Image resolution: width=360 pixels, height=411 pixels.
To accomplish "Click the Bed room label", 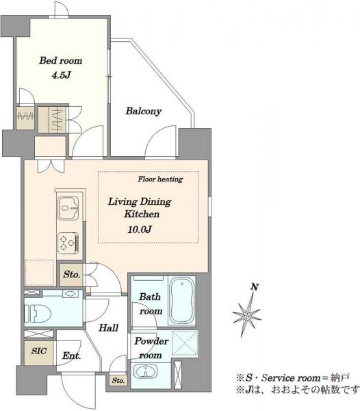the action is [x=61, y=60].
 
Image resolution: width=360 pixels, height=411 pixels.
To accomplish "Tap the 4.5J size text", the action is [x=62, y=75].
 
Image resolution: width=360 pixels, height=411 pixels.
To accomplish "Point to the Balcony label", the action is [x=143, y=111].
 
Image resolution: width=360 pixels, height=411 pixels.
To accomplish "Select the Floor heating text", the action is [x=160, y=179].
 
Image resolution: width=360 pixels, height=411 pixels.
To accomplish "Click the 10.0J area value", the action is [x=140, y=229].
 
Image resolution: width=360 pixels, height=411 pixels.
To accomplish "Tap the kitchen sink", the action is [x=68, y=208].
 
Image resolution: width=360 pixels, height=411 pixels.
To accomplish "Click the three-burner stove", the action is [x=68, y=243].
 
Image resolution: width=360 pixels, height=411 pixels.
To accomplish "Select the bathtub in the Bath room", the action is [x=182, y=301].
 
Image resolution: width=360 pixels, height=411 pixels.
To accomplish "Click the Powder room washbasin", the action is [x=145, y=371].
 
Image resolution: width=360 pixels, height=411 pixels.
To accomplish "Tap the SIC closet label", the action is [x=39, y=351].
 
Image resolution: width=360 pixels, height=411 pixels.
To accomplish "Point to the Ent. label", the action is [x=72, y=356].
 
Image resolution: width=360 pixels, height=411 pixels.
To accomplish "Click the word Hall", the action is [x=108, y=327].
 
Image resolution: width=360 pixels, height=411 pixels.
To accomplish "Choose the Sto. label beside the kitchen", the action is [x=71, y=275].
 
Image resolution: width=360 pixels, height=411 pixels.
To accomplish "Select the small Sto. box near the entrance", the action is [x=118, y=380].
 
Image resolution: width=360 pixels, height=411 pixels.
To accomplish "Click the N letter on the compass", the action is [x=255, y=287].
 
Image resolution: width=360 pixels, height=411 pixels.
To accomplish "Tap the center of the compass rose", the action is [x=246, y=316].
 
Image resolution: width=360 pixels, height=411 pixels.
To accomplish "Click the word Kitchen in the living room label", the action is [x=142, y=214].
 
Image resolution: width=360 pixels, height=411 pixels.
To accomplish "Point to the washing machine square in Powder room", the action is [x=185, y=343].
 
